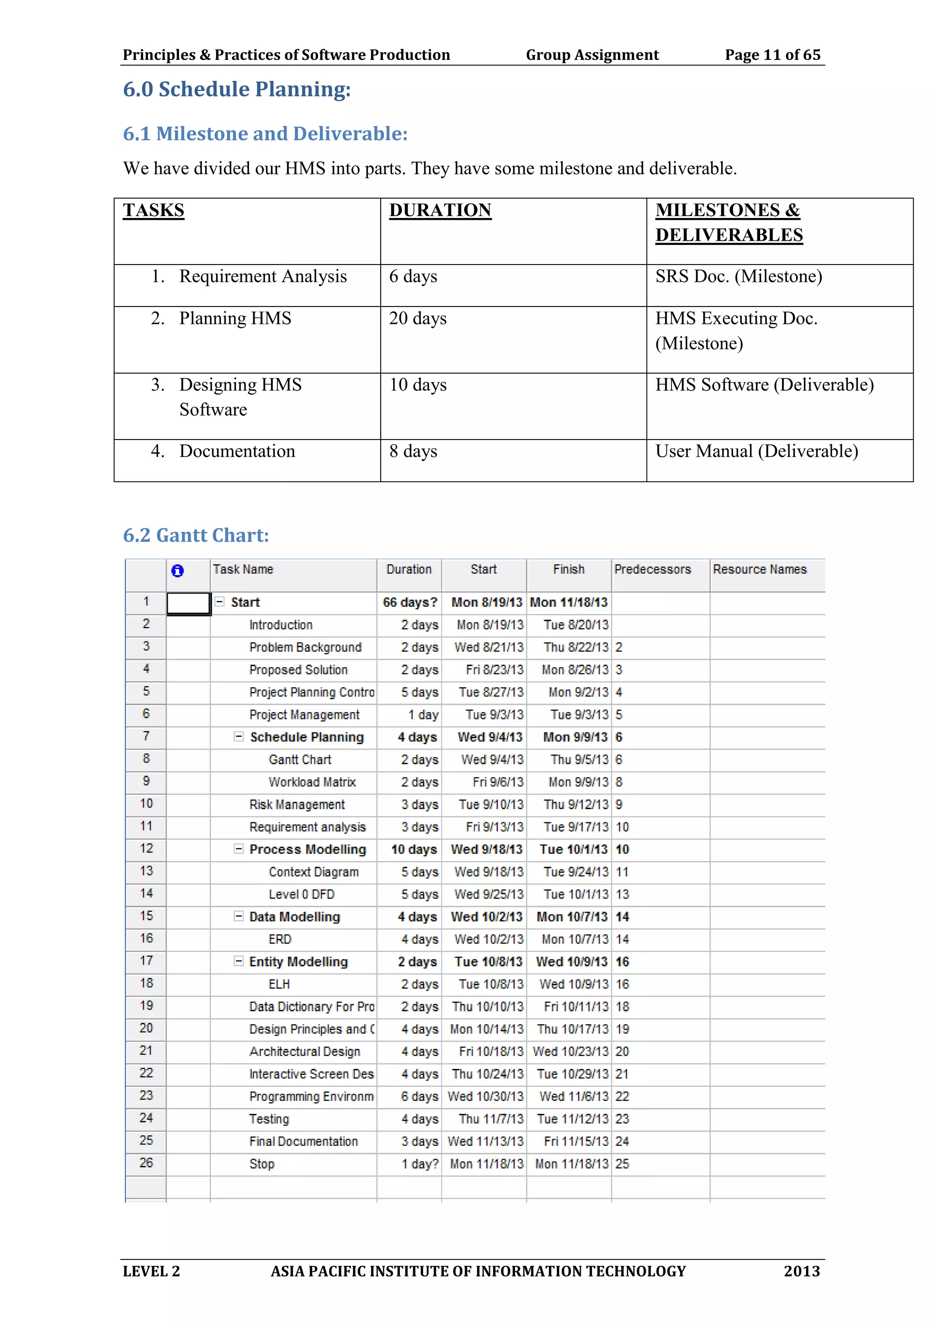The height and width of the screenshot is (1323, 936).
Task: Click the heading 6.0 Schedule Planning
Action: [x=236, y=90]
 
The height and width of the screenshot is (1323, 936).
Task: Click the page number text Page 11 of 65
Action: [x=772, y=55]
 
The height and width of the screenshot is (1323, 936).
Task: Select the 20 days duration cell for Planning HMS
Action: [x=418, y=319]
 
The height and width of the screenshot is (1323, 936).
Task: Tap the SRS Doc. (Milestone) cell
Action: [x=738, y=276]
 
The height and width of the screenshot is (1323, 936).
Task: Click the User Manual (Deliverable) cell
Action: [x=756, y=451]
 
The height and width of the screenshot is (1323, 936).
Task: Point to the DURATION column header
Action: [x=440, y=210]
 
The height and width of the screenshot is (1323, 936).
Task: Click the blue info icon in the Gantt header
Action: [x=177, y=571]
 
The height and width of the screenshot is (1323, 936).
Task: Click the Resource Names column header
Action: [x=759, y=569]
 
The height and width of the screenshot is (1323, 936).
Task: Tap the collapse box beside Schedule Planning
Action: [x=238, y=736]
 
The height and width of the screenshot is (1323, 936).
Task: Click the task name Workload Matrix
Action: [x=312, y=782]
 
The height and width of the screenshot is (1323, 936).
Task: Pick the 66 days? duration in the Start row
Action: [x=409, y=602]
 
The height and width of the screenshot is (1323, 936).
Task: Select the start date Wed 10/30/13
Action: [x=485, y=1096]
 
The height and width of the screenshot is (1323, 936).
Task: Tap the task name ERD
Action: [x=280, y=939]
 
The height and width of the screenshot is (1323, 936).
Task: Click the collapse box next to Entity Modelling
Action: [x=238, y=961]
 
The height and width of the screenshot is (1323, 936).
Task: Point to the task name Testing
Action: [x=269, y=1119]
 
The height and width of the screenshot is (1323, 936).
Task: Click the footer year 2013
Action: [x=801, y=1271]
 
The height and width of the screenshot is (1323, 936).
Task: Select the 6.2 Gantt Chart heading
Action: [x=196, y=535]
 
